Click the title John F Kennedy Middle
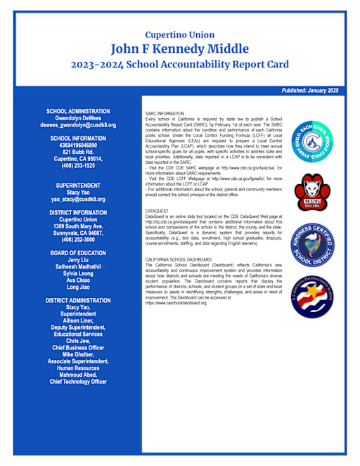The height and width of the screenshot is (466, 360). [179, 48]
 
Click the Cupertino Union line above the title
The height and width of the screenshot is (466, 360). [179, 34]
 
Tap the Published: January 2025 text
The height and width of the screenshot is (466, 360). [309, 91]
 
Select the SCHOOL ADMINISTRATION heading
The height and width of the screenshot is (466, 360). [78, 111]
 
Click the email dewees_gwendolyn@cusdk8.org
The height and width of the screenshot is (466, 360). [78, 124]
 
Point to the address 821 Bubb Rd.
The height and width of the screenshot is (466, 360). [78, 152]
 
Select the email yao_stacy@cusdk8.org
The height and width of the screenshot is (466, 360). [78, 199]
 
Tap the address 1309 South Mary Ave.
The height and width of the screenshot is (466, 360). [78, 226]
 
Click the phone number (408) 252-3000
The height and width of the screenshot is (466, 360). [78, 239]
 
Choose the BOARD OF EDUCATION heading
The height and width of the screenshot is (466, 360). [78, 253]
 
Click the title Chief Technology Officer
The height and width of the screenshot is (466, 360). [78, 382]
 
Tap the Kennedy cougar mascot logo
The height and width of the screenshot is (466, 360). [311, 191]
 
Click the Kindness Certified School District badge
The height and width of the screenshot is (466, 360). [311, 242]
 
